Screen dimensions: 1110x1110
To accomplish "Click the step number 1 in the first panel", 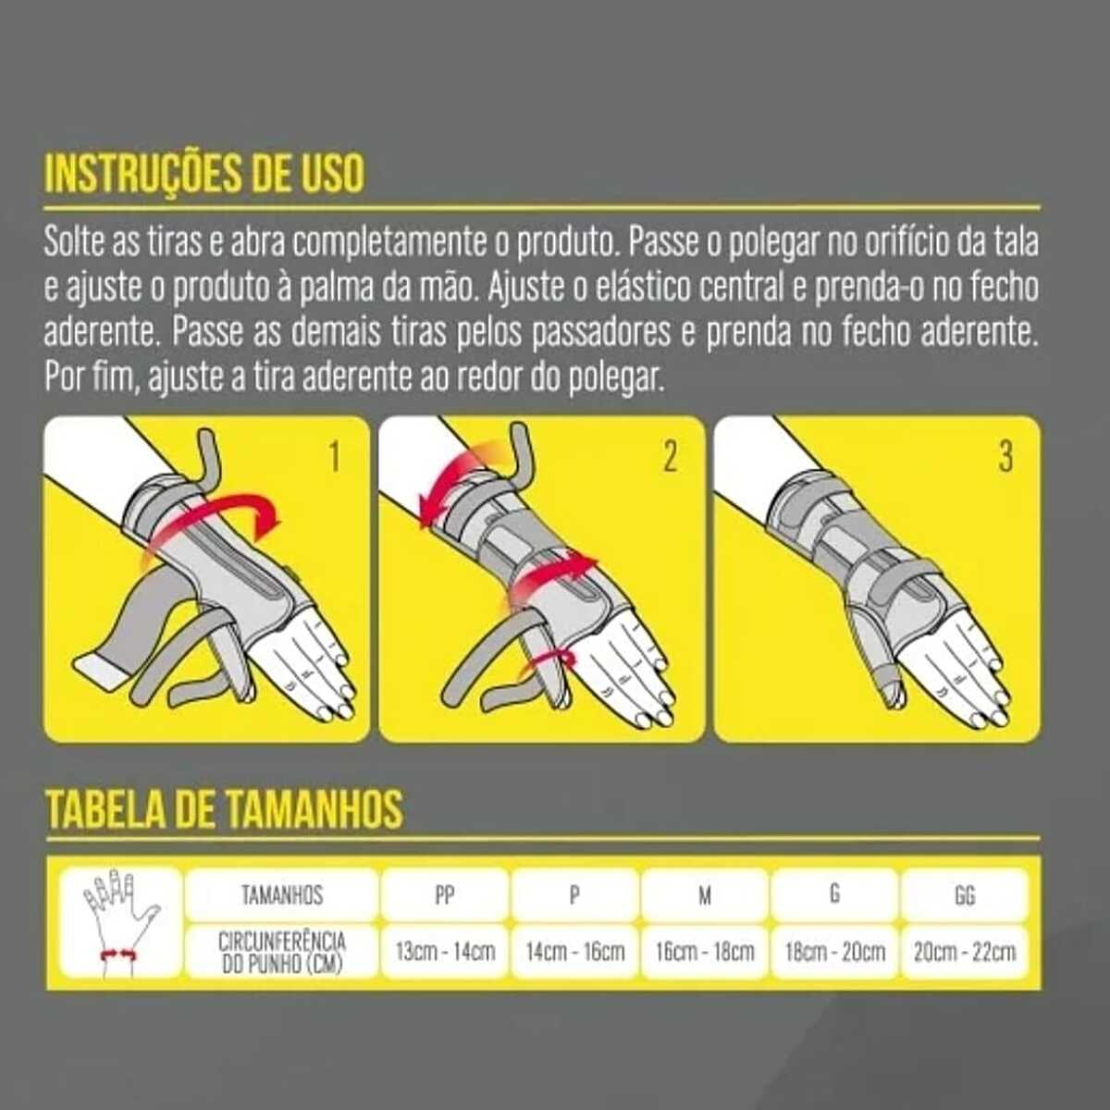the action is pyautogui.click(x=335, y=458).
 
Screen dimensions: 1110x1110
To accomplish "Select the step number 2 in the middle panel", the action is pyautogui.click(x=670, y=458).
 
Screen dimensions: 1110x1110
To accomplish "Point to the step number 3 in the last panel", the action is pyautogui.click(x=1005, y=458).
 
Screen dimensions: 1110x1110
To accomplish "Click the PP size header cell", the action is pyautogui.click(x=445, y=895).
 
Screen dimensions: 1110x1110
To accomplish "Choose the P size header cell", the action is pyautogui.click(x=574, y=895).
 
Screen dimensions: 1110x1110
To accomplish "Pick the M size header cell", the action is pyautogui.click(x=705, y=895).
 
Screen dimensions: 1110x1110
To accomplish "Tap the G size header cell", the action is pyautogui.click(x=835, y=895).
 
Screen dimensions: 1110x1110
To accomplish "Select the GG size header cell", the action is pyautogui.click(x=965, y=895).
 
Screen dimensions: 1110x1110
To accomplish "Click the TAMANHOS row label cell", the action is pyautogui.click(x=282, y=895).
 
